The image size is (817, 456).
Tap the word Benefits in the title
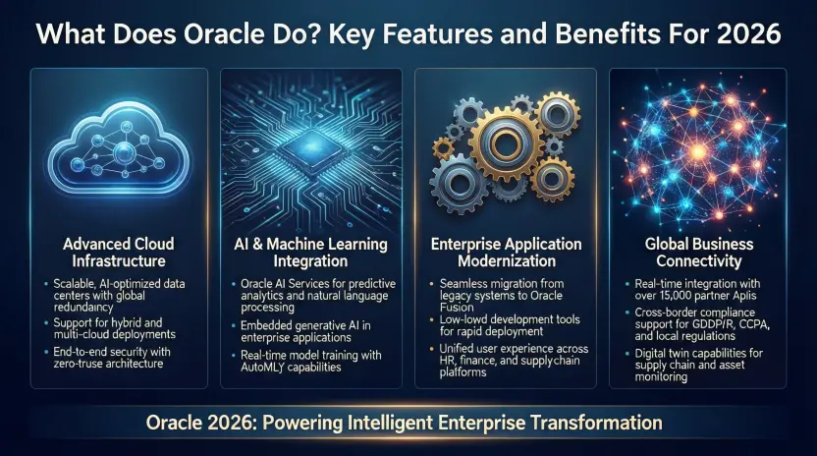pyautogui.click(x=573, y=32)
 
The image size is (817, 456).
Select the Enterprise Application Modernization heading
pyautogui.click(x=506, y=252)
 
